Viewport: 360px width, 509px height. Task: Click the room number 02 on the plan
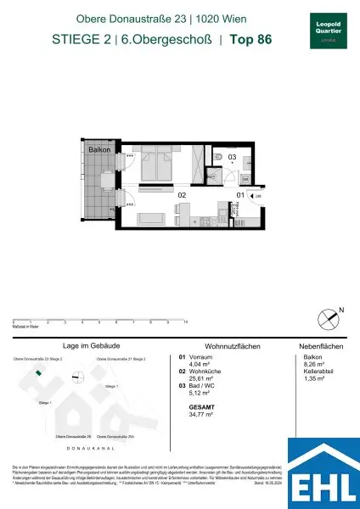pos(181,195)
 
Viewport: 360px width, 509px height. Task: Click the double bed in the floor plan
pos(152,165)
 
